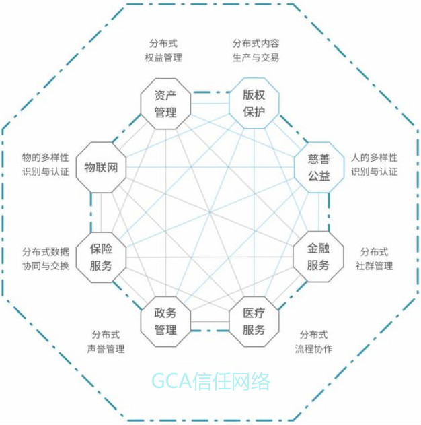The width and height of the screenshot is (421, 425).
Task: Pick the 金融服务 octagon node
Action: pos(318,257)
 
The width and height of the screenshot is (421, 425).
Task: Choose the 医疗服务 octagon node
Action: pos(254,321)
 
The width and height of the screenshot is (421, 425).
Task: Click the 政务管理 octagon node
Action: pos(165,321)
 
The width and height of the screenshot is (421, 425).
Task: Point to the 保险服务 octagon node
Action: pos(101,257)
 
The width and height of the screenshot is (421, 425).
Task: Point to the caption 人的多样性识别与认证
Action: pos(374,164)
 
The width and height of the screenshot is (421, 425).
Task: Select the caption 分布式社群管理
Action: pos(374,258)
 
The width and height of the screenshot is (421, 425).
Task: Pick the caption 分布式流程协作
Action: pos(313,341)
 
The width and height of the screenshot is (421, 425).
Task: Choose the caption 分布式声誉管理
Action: pos(106,341)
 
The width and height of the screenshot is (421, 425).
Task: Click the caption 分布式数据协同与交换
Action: pos(45,258)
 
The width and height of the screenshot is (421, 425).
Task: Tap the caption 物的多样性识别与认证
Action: pos(45,164)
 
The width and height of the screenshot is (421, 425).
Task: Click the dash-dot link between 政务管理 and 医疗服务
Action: pos(210,331)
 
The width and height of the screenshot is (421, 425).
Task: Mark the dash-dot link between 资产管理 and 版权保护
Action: pos(210,92)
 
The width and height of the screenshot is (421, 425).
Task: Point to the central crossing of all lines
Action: pos(210,212)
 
